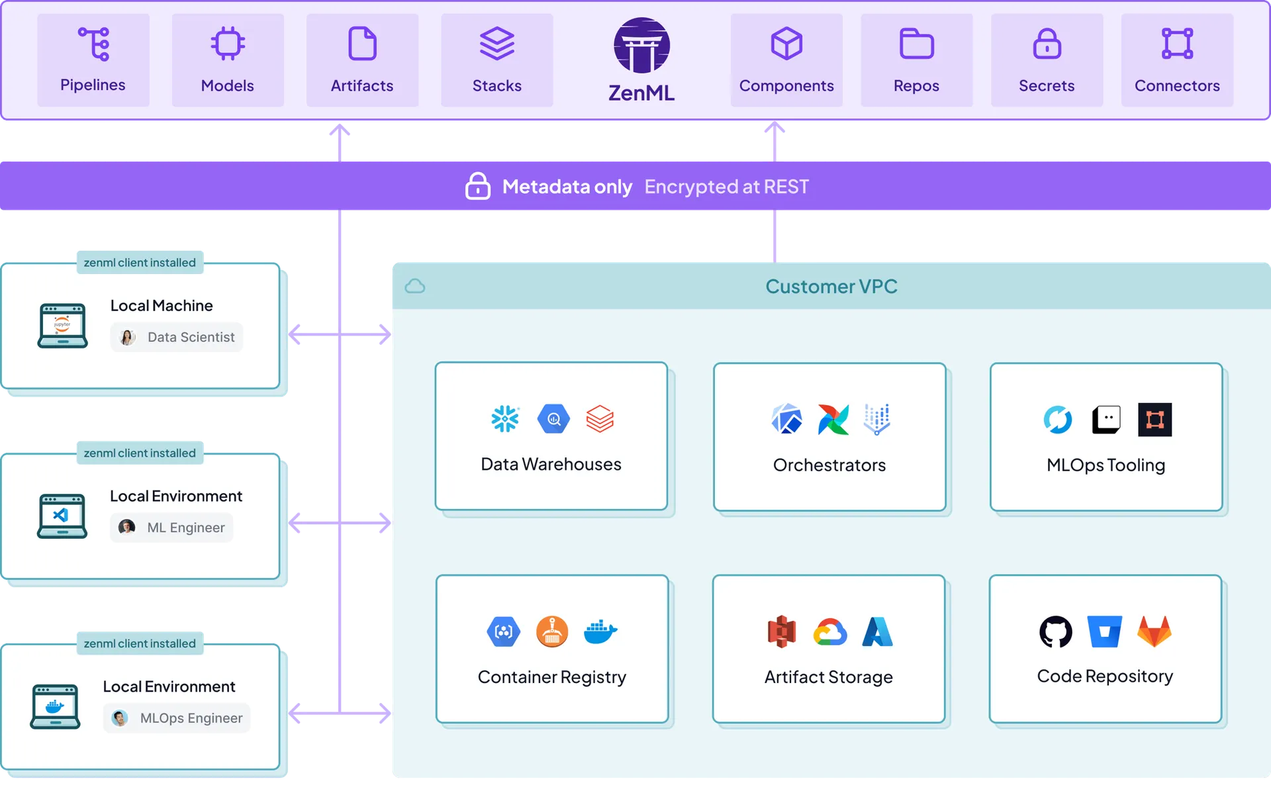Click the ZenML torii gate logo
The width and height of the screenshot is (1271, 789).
(x=641, y=45)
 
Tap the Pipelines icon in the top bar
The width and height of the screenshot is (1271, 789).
(x=93, y=44)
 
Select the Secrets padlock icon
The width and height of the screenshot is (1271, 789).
(x=1047, y=44)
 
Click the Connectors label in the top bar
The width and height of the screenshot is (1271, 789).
(x=1177, y=85)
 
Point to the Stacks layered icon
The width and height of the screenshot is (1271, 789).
(x=496, y=44)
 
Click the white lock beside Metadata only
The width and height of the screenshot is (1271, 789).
(x=477, y=186)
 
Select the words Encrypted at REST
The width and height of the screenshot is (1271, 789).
(x=726, y=187)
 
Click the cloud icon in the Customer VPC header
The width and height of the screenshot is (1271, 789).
(x=415, y=286)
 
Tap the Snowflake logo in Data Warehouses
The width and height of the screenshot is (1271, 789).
(x=505, y=419)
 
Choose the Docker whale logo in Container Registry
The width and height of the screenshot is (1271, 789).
(x=600, y=631)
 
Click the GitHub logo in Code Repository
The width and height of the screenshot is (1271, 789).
(x=1056, y=631)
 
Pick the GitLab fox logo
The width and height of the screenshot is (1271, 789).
(x=1154, y=631)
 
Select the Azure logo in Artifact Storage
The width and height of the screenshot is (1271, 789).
(x=878, y=631)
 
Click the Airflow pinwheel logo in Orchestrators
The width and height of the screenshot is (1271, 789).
(x=833, y=419)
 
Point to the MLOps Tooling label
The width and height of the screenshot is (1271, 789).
(x=1106, y=465)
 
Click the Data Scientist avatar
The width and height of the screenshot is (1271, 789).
(x=128, y=337)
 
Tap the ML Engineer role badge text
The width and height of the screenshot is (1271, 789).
(x=186, y=528)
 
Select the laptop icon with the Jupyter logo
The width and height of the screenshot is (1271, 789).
(x=62, y=325)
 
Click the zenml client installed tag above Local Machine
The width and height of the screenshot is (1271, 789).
(x=140, y=263)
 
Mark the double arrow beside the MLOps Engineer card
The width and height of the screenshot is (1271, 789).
(x=340, y=713)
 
